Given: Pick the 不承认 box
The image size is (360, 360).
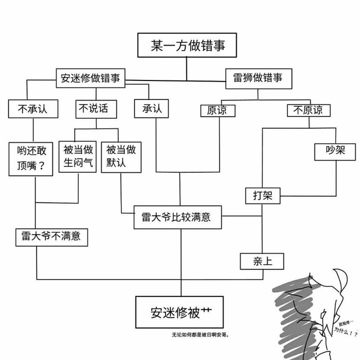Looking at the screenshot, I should tap(27, 109).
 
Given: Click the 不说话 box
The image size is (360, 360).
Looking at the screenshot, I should tap(93, 109).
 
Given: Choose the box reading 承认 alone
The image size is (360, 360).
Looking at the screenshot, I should tap(148, 109).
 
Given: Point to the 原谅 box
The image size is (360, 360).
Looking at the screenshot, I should tap(217, 110).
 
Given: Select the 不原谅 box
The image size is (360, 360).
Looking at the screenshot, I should tap(308, 110).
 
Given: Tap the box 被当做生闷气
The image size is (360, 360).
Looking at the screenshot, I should tap(79, 157).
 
